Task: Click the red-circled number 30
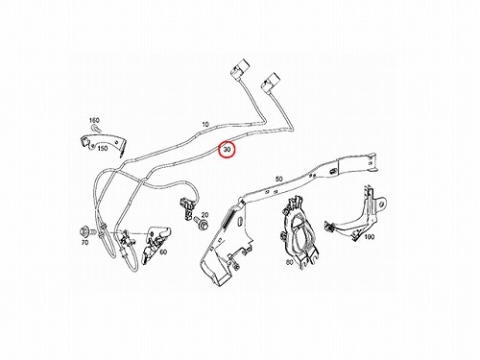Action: click(227, 150)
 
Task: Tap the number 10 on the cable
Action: click(205, 124)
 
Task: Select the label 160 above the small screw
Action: click(94, 120)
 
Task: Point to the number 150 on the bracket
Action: click(102, 149)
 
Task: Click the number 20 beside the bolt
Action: click(204, 215)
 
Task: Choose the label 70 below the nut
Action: click(84, 243)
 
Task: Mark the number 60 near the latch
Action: click(163, 252)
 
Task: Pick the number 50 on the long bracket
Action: click(279, 179)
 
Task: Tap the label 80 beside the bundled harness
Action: click(289, 262)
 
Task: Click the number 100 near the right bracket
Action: click(369, 237)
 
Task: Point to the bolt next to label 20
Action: click(200, 223)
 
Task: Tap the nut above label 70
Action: click(85, 231)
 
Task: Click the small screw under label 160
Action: click(96, 129)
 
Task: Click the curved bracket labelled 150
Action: click(103, 143)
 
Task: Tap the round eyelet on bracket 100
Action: click(382, 204)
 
